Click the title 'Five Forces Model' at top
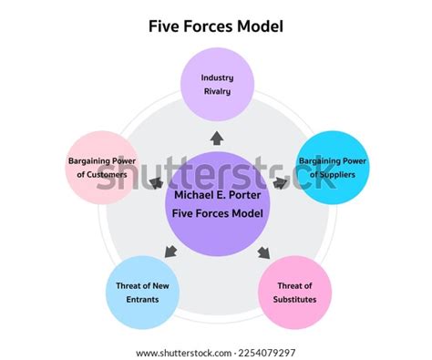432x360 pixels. click(216, 26)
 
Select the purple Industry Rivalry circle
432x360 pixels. click(216, 85)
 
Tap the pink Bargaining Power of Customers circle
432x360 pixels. click(101, 167)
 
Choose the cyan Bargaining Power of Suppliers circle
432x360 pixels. click(333, 167)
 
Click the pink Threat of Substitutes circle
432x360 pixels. click(295, 292)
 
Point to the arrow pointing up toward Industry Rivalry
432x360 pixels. click(216, 139)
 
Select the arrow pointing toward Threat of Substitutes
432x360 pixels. click(265, 252)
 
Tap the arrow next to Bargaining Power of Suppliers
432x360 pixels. click(281, 182)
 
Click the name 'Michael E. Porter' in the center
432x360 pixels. click(216, 194)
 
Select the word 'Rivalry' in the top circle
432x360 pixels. click(217, 91)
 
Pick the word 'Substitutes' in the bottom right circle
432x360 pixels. click(295, 299)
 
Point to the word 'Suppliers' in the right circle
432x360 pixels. click(340, 175)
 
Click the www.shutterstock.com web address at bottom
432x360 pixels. click(179, 353)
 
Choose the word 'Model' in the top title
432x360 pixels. click(261, 26)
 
